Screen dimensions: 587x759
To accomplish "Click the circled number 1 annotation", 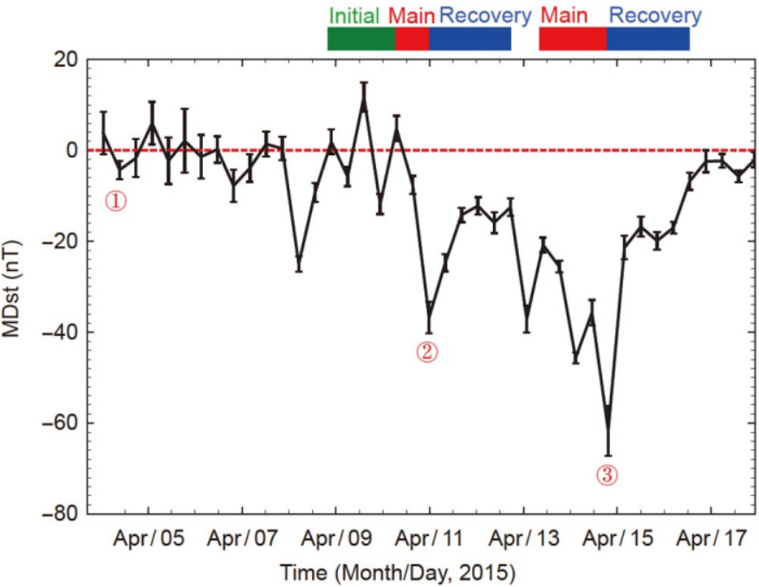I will pos(116,201).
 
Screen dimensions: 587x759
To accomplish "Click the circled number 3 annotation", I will pos(607,474).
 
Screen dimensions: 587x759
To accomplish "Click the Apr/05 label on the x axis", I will pos(148,539).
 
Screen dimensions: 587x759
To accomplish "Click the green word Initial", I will pos(354,15).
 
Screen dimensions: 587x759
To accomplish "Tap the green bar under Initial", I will pos(360,39).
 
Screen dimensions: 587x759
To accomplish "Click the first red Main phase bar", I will pos(412,39).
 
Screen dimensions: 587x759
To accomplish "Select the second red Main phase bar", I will pos(572,39).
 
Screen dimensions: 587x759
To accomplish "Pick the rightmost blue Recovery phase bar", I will pos(647,39).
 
